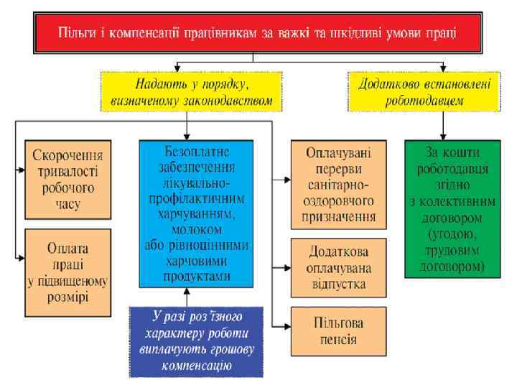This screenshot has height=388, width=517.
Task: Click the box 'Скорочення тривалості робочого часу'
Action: coord(67,180)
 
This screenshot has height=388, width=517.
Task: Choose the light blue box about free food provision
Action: coord(197,211)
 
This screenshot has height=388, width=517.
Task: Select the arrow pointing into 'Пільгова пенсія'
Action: coord(285,328)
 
